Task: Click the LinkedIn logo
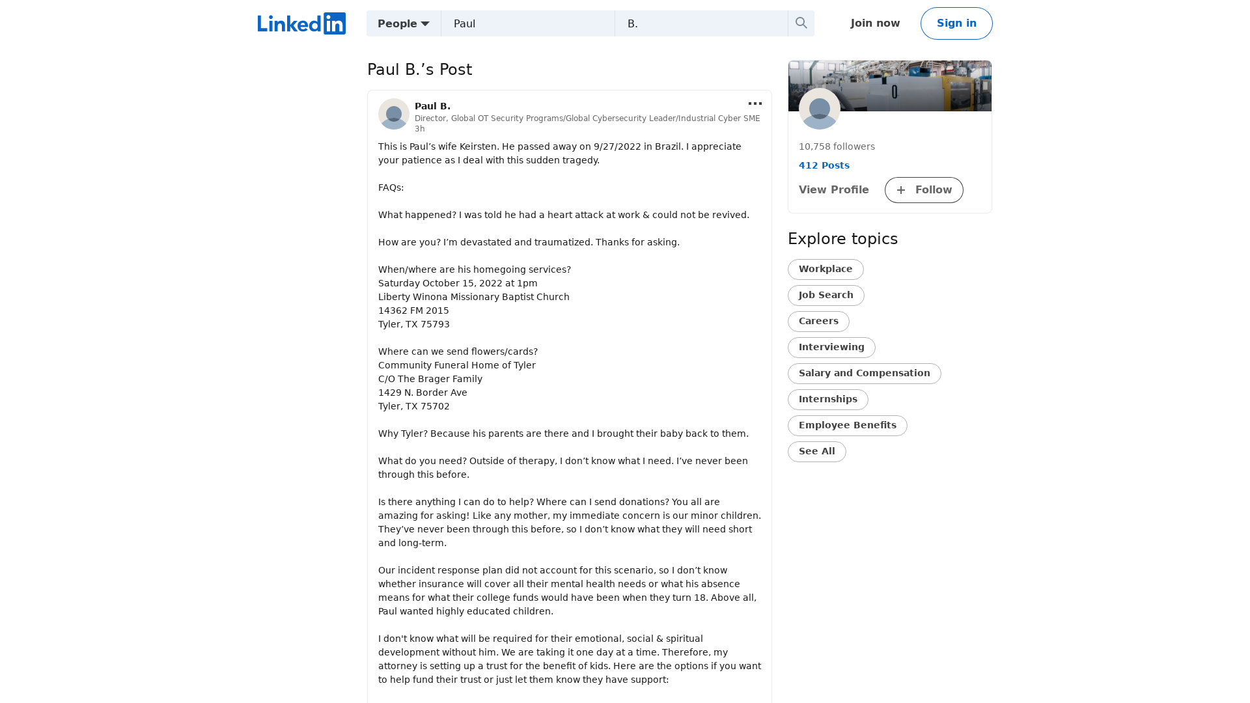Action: tap(301, 23)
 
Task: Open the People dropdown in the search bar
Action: tap(404, 23)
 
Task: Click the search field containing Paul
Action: tap(527, 23)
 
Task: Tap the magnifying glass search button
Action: tap(801, 23)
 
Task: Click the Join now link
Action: tap(875, 23)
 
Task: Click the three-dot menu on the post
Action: tap(755, 103)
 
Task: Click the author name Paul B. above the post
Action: tap(432, 106)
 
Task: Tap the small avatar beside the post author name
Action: tap(394, 114)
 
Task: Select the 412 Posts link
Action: tap(824, 165)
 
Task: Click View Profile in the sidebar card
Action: tap(833, 190)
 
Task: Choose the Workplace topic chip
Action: tap(826, 269)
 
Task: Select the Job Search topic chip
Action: tap(826, 296)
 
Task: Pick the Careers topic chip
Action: tap(818, 322)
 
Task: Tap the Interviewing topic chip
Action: tap(831, 348)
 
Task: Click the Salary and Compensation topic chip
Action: tap(864, 374)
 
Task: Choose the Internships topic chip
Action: tap(827, 400)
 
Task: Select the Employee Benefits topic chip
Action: tap(847, 426)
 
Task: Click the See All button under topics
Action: tap(816, 452)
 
